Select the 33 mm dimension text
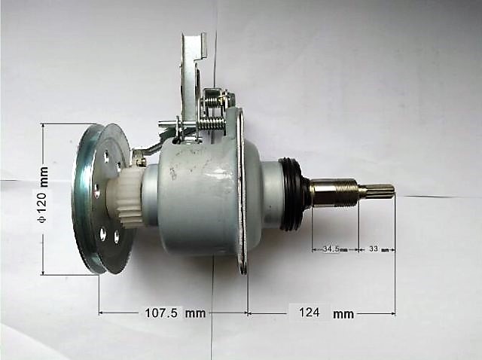(376, 248)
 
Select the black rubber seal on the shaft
(292, 194)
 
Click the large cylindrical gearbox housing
(197, 197)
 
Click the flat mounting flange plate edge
(242, 188)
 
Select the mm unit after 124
(343, 313)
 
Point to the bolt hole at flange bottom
(243, 264)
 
